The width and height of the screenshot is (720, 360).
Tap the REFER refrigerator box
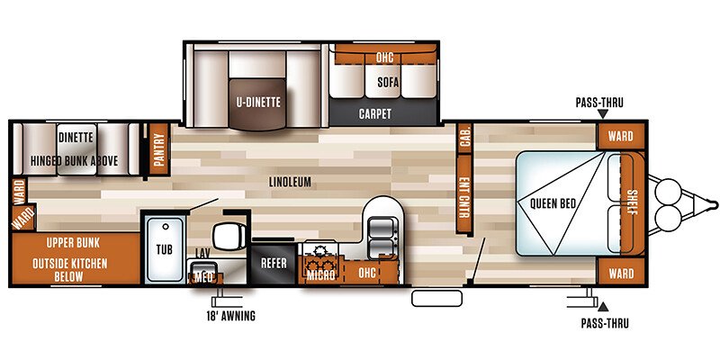point(273,264)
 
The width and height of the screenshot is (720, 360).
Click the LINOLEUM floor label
point(289,182)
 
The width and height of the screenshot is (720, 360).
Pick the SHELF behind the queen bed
point(629,203)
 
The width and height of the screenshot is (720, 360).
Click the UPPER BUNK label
point(75,243)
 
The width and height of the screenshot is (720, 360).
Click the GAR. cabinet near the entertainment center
point(465,136)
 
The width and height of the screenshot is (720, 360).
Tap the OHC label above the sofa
point(383,57)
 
